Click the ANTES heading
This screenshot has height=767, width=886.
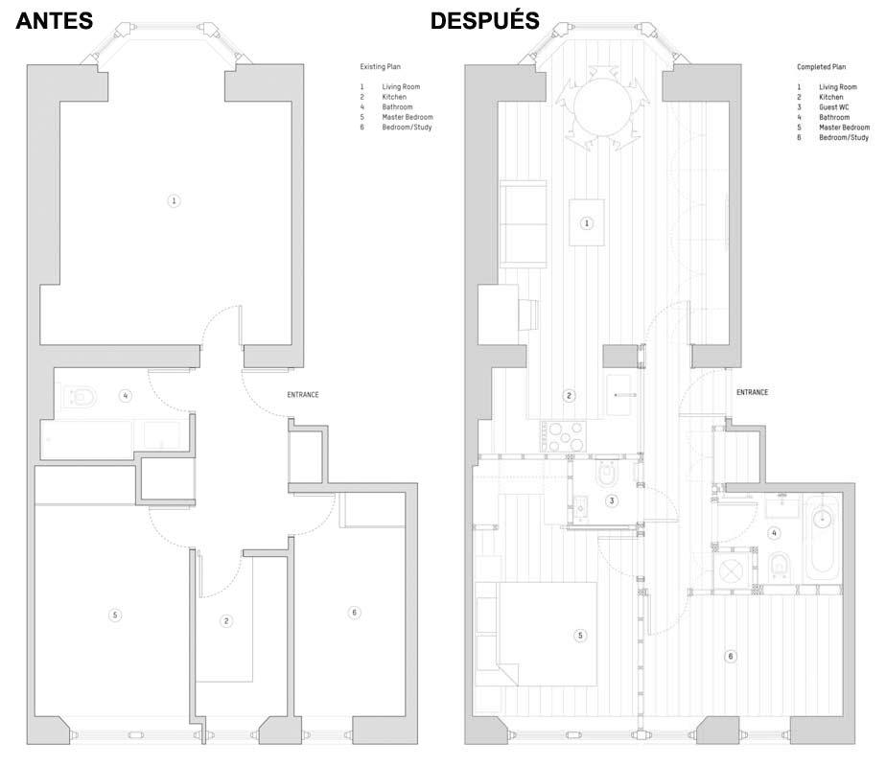click(55, 21)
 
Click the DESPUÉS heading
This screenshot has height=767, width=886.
click(485, 20)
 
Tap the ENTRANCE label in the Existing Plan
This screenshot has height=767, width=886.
click(303, 395)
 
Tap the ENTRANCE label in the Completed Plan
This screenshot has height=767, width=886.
click(752, 392)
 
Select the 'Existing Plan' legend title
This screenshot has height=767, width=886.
click(381, 67)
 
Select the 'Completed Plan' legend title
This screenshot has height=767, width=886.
click(821, 67)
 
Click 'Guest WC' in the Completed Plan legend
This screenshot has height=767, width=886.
click(834, 107)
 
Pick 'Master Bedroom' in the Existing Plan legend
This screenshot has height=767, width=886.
click(408, 117)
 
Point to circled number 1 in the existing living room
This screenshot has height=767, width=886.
click(175, 200)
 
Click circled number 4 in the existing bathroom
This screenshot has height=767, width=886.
click(126, 396)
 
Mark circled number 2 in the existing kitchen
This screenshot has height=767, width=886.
click(226, 621)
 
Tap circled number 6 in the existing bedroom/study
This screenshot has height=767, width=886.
click(354, 613)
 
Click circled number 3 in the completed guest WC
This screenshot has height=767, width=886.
click(612, 500)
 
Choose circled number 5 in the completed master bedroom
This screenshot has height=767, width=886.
click(580, 636)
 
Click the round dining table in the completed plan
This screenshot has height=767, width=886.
click(602, 106)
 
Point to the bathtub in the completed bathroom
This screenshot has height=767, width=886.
click(824, 538)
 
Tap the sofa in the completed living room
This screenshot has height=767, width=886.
click(524, 223)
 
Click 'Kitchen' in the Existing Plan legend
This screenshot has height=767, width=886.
click(394, 97)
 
